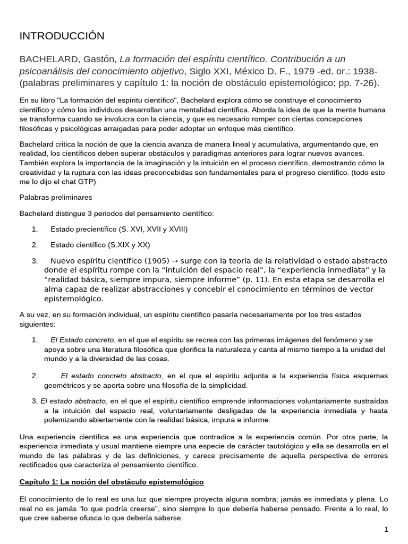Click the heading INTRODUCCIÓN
click(x=62, y=36)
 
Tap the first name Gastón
click(x=100, y=59)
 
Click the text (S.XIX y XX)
click(x=129, y=245)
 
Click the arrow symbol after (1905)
click(x=176, y=261)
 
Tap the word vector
click(x=360, y=289)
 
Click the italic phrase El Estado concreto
click(x=82, y=339)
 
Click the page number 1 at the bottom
click(x=386, y=530)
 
